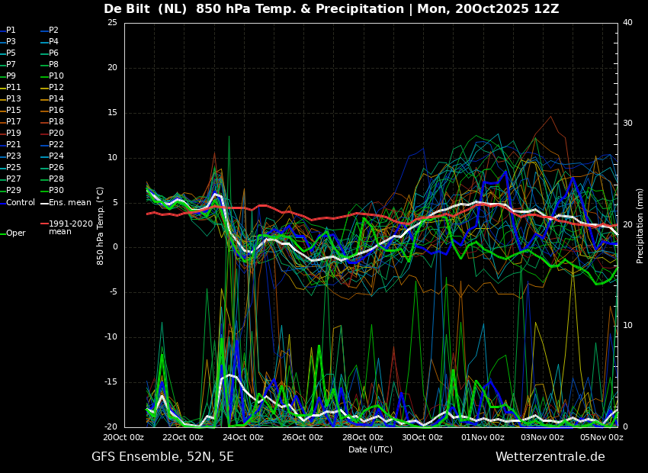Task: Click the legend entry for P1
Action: click(8, 31)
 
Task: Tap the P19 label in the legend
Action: click(11, 134)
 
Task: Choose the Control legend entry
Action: click(18, 203)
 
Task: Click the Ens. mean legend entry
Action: click(66, 203)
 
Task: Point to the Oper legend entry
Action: click(13, 233)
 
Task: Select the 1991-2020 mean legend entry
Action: click(67, 227)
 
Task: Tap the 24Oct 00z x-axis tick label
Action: click(243, 437)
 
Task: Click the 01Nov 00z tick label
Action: click(483, 437)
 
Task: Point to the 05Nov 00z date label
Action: click(602, 437)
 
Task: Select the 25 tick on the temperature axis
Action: click(112, 22)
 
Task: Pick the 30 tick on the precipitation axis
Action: click(627, 124)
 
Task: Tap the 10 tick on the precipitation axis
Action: click(627, 325)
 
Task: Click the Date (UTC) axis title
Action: click(371, 449)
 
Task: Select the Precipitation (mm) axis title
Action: click(640, 225)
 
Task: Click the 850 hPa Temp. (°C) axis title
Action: click(101, 226)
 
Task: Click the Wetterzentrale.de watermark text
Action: click(550, 457)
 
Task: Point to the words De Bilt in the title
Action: click(127, 8)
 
